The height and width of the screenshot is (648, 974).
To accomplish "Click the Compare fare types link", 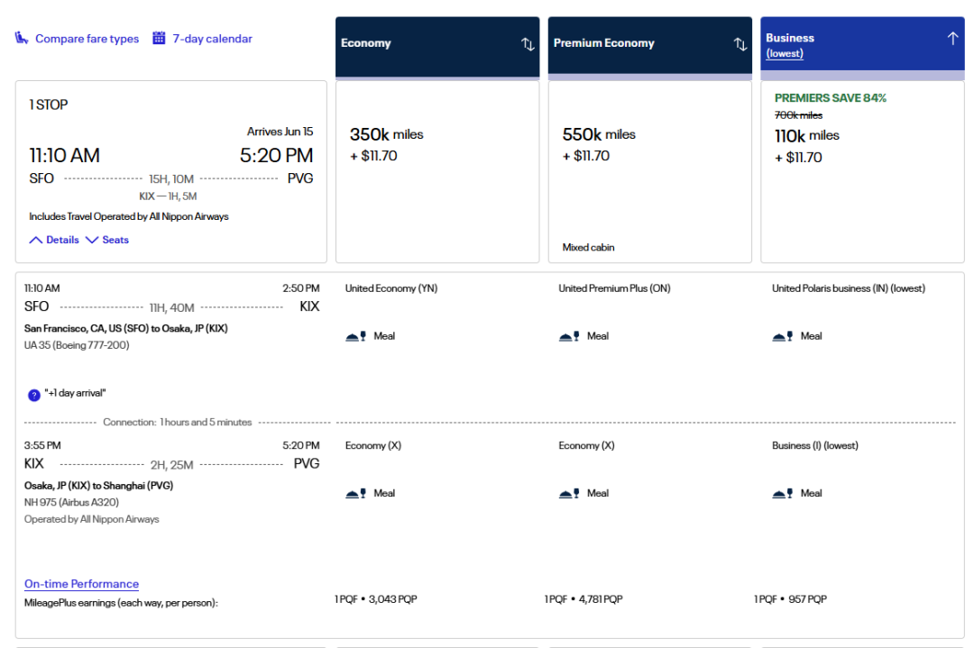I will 87,39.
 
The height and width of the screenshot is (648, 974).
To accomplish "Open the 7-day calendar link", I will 212,39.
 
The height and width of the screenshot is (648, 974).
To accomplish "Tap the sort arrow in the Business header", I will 952,39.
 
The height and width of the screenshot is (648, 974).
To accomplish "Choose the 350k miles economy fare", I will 386,135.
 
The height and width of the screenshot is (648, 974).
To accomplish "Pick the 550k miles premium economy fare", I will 599,135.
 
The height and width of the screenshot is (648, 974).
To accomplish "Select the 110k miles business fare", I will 807,136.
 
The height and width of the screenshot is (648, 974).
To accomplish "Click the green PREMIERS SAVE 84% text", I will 831,97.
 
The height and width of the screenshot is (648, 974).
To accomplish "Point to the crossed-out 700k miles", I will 798,115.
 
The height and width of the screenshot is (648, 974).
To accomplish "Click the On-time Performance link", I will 81,584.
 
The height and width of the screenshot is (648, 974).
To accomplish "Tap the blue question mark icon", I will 34,394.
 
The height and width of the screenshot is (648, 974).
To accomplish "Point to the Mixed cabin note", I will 588,247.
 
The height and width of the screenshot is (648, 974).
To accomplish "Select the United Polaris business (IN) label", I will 848,288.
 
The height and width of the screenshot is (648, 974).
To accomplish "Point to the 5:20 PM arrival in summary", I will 276,156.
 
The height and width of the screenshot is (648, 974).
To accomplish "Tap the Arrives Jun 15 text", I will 280,132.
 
